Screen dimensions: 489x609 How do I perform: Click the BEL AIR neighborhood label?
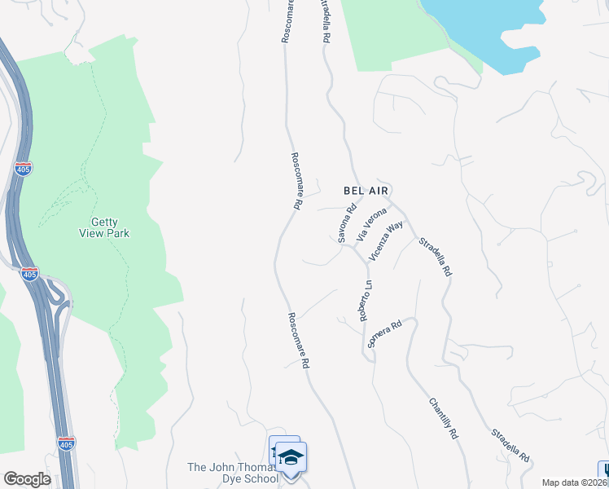coord(364,190)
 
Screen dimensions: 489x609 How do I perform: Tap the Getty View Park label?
coord(110,227)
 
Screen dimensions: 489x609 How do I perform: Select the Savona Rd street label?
coord(348,223)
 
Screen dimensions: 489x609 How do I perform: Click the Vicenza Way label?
coord(385,241)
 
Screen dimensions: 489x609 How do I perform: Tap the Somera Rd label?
coord(385,335)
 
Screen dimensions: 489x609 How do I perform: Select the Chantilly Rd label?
coord(443,419)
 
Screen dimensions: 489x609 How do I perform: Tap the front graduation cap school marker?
coord(291,459)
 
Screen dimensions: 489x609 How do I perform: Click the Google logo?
coord(27,479)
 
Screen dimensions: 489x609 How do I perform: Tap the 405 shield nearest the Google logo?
coord(66,444)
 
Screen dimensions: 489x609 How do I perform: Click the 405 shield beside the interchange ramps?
coord(29,274)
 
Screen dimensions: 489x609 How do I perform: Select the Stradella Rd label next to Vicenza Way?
coord(435,258)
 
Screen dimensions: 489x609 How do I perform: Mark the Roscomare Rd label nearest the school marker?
coord(299,341)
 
